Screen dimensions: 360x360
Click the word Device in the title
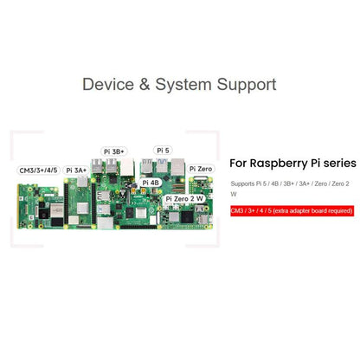(x=108, y=84)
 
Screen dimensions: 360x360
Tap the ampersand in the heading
(x=145, y=84)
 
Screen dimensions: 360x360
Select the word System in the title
(x=183, y=85)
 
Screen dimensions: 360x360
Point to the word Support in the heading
(x=247, y=85)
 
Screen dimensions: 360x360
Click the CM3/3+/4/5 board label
(x=38, y=170)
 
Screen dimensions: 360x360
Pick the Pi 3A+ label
(x=76, y=170)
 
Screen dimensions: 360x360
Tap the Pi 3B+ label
(x=114, y=151)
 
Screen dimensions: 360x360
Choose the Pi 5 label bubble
(x=163, y=151)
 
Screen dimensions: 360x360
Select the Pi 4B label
(x=151, y=183)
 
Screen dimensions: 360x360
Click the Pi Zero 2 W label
(x=184, y=198)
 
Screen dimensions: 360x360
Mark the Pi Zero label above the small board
(x=201, y=169)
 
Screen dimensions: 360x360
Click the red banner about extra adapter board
(x=292, y=211)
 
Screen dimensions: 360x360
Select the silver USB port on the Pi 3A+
(x=82, y=182)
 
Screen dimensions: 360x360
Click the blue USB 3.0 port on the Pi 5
(x=162, y=165)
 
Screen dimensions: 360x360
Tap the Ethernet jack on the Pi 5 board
(x=177, y=167)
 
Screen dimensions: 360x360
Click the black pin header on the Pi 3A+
(x=66, y=203)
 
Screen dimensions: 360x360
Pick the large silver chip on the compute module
(x=56, y=210)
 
